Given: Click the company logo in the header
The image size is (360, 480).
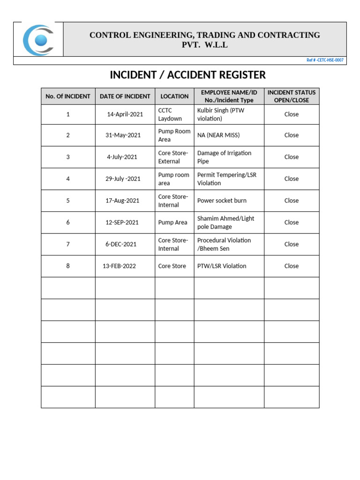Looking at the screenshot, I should click(38, 39).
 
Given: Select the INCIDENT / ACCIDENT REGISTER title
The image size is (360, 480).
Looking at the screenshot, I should click(187, 75).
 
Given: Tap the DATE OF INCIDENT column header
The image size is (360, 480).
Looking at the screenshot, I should click(125, 96).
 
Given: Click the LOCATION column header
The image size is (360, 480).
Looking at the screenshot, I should click(174, 96).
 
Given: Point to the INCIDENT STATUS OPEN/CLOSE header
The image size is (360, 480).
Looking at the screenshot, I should click(291, 96).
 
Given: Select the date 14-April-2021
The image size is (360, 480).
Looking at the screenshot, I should click(125, 114).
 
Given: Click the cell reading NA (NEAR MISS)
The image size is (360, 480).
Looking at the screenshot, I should click(218, 135).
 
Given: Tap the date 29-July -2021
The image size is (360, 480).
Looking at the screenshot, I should click(123, 179).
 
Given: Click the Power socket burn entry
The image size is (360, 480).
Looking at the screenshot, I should click(222, 201).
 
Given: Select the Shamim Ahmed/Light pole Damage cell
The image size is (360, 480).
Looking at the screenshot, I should click(225, 222).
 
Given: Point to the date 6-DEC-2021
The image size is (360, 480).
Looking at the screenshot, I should click(121, 244).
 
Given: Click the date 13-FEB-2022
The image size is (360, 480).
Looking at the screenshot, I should click(119, 266).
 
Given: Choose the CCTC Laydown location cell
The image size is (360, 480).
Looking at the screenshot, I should click(170, 114).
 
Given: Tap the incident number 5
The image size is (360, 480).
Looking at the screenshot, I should click(68, 201).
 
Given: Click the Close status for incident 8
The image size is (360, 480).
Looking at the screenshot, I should click(291, 266).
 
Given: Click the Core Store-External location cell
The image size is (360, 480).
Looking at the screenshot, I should click(173, 157).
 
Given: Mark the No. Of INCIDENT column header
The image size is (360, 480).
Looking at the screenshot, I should click(68, 96).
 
